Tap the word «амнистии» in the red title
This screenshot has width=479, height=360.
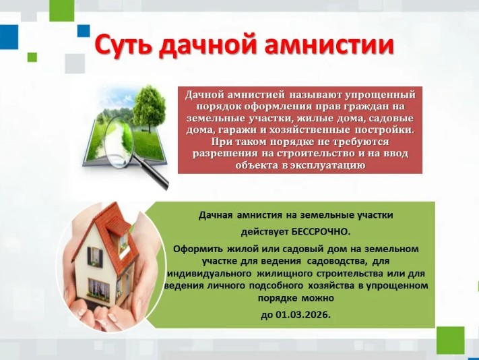[329, 45]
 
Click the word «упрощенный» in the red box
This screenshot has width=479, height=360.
[381, 95]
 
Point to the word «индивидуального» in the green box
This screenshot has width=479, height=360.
[210, 273]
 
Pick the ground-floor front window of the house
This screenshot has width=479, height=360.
[98, 287]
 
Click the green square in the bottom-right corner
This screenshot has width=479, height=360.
[450, 340]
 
